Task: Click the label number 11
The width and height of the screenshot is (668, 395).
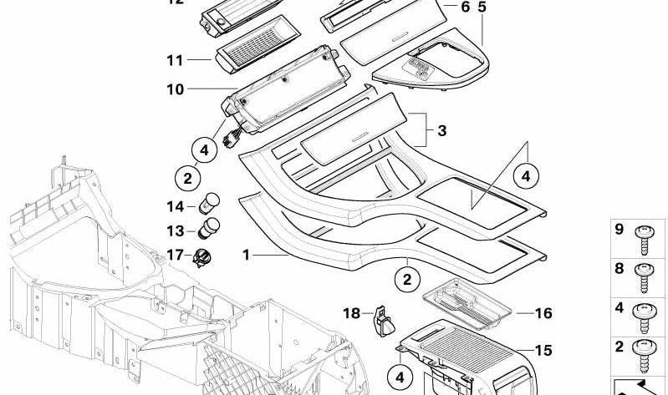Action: point(174,61)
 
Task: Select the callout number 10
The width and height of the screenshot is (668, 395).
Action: point(174,89)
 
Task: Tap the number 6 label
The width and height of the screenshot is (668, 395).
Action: point(466,7)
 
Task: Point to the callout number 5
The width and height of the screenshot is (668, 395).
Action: point(482,7)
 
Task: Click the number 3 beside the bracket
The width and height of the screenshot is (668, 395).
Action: point(441,130)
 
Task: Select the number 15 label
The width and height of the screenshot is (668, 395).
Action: point(543,350)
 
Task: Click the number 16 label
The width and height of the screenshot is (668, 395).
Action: point(543,314)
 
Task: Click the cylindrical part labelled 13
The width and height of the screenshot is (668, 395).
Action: point(212,228)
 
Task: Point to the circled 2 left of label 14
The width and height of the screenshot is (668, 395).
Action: point(187,178)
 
